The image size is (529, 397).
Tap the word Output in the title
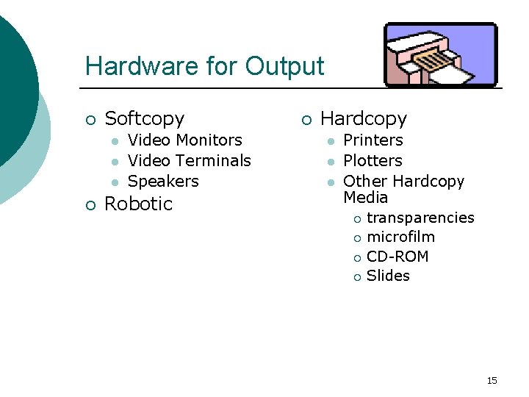pos(284,66)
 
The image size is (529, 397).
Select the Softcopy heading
pos(145,118)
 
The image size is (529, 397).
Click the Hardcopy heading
pos(364,118)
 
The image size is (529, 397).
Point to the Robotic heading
pos(138,204)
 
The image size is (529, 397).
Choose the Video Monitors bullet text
pos(184,140)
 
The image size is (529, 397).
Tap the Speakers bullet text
pos(163,181)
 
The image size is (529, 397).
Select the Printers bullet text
pos(373,140)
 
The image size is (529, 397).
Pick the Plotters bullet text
pos(373,160)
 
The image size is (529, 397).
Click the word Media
pos(366,197)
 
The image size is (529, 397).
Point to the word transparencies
pos(420,218)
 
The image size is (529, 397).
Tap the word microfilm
pos(400,237)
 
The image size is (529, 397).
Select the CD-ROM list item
pos(397,257)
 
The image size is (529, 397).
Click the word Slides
pos(388,276)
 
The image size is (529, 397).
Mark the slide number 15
pos(492,380)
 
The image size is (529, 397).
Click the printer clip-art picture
pos(441,55)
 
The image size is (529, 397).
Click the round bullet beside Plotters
pos(331,161)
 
